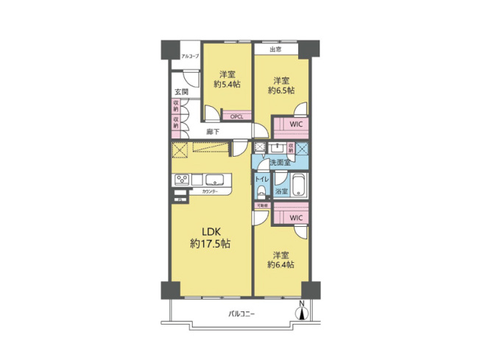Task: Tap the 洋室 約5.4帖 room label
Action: tap(227, 79)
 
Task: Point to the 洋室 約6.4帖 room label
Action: tap(280, 258)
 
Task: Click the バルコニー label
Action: tap(240, 314)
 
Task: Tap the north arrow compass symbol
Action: tap(300, 311)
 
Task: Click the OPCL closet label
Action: tap(236, 116)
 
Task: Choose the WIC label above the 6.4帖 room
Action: tap(294, 219)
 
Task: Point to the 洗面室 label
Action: tap(280, 162)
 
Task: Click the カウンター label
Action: tap(210, 191)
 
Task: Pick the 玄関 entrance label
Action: tap(180, 92)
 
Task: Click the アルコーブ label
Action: tap(191, 56)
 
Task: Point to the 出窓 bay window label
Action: tap(276, 50)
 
